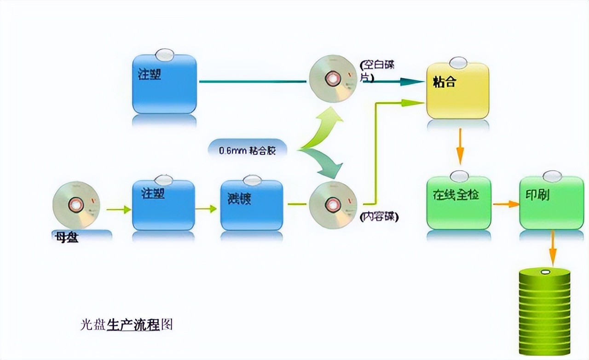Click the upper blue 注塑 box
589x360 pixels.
coord(164,84)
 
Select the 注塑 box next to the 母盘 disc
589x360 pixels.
coord(163,205)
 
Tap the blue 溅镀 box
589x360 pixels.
coord(251,205)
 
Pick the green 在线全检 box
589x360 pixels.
coord(459,203)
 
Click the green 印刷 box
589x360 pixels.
coord(551,203)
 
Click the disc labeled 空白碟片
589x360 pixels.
coord(333,78)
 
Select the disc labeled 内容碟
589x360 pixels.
coord(333,205)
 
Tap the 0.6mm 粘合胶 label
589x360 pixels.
coord(248,150)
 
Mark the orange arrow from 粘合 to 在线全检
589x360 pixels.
coord(459,146)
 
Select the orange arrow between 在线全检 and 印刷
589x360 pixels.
coord(505,203)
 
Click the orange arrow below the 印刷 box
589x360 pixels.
coord(552,249)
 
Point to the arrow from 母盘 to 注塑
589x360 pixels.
coord(119,209)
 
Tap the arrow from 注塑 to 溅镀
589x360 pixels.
coord(206,209)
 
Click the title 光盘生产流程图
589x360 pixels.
coord(127,325)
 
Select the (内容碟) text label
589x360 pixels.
coord(379,217)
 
